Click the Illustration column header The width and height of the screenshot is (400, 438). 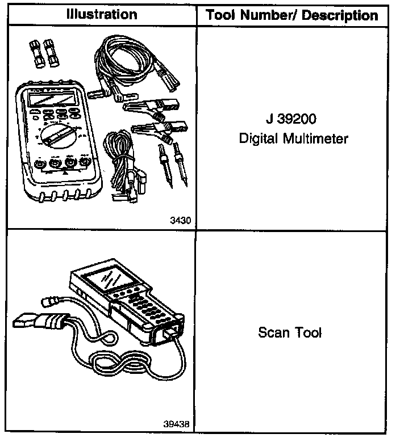coord(102,14)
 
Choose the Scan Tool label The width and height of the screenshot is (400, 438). coord(290,332)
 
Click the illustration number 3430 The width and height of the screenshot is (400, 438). coord(180,221)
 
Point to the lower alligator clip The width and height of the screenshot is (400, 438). coord(154,129)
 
